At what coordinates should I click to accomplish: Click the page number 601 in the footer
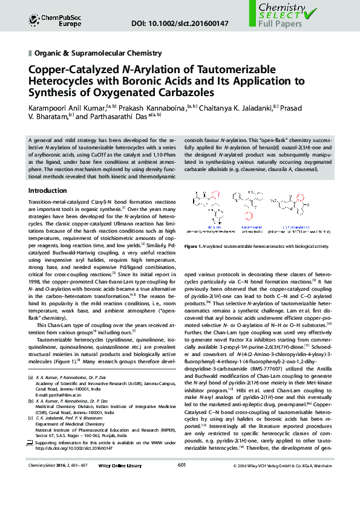181,482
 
